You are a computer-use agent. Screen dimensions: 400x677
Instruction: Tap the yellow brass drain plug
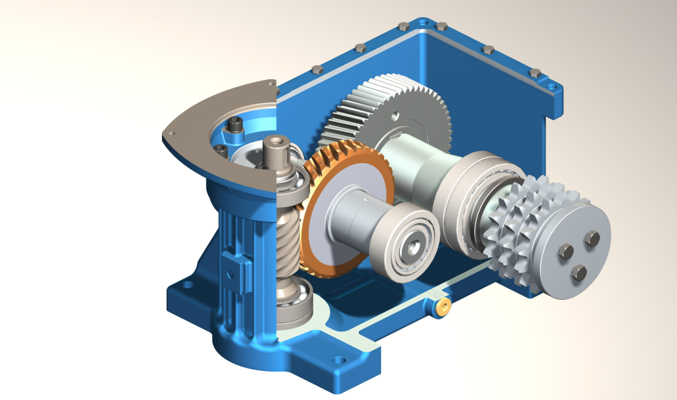click(x=444, y=306)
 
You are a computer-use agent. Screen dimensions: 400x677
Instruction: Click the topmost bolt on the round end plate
click(x=592, y=238)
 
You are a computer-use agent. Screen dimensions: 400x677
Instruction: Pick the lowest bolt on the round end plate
click(x=578, y=273)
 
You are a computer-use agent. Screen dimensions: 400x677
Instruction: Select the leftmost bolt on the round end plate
click(x=565, y=251)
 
